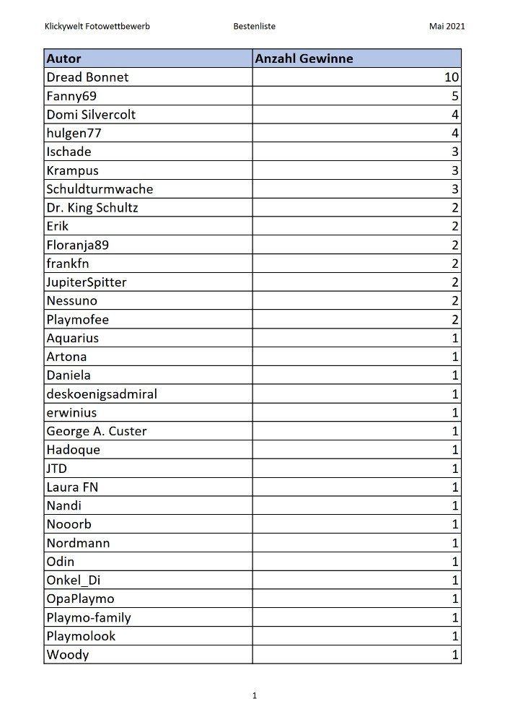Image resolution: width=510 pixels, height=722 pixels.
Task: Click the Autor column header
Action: pos(64,58)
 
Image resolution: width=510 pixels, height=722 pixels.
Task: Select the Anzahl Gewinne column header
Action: pos(304,58)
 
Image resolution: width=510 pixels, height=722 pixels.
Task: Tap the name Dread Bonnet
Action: pos(87,77)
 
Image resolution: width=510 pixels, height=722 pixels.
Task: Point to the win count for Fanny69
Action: pos(455,96)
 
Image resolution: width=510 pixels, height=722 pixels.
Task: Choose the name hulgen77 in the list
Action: pos(74,133)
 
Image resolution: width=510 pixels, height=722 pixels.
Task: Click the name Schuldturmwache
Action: pos(100,189)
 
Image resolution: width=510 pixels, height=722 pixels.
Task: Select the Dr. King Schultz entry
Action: pos(92,208)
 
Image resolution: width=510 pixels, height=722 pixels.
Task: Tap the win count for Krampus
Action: pos(455,170)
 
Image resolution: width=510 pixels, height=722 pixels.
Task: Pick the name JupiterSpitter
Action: pos(87,282)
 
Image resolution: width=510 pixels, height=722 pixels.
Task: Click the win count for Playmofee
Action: pos(455,319)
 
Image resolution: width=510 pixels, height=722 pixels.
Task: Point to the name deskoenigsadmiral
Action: pos(102,394)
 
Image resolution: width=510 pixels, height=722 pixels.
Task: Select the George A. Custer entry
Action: pos(97,431)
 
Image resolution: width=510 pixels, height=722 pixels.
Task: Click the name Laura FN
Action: pos(72,487)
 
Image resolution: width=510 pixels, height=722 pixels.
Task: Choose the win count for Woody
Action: pos(455,655)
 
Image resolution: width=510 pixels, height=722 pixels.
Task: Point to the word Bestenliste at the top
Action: pos(254,27)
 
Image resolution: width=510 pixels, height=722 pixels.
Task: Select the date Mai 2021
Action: pos(447,27)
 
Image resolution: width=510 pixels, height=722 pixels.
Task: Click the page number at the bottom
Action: pos(255,696)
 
